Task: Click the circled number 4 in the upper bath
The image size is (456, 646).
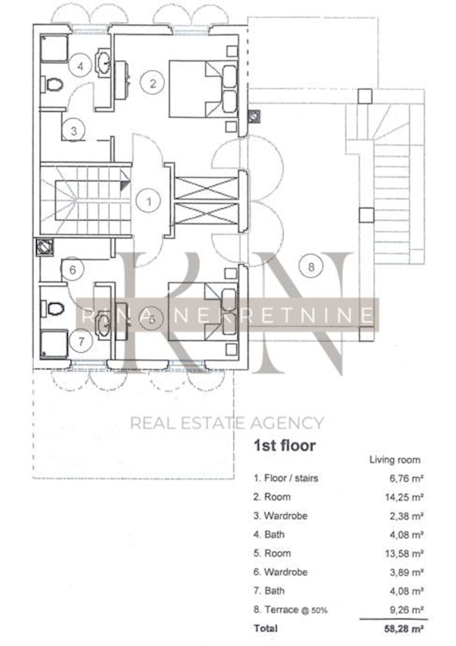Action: (x=80, y=66)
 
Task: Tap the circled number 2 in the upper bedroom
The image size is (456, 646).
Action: (x=152, y=83)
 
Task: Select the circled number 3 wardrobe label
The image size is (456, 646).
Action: (x=74, y=131)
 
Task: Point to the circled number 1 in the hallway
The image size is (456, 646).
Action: (x=149, y=201)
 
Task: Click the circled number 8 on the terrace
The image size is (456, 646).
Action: (x=311, y=267)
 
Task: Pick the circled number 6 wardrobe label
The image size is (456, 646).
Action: (x=72, y=270)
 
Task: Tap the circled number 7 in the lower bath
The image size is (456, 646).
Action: (x=81, y=341)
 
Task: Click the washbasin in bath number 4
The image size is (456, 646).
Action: (x=103, y=62)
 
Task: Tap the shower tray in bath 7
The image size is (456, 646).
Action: (x=54, y=345)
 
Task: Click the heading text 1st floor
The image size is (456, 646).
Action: (x=284, y=445)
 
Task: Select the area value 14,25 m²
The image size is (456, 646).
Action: (x=404, y=497)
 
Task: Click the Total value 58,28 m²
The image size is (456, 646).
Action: (x=404, y=628)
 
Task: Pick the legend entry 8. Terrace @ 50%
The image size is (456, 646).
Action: (x=290, y=609)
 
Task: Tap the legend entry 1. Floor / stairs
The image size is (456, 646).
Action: (x=286, y=478)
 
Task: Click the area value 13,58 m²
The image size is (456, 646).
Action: (x=404, y=553)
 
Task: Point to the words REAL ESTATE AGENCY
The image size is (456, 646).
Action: (x=227, y=423)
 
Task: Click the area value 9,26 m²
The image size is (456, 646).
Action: (x=406, y=609)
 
